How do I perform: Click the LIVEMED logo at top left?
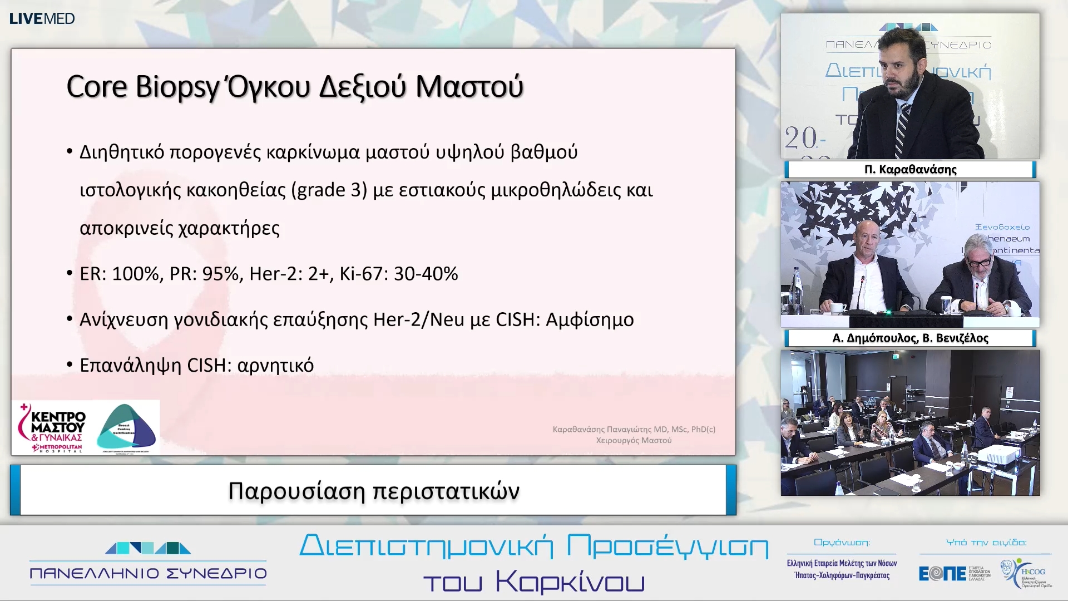point(42,18)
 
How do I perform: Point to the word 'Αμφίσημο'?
point(590,320)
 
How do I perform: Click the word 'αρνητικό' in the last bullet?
point(275,366)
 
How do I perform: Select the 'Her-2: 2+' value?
point(289,274)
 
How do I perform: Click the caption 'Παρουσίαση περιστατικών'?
point(373,491)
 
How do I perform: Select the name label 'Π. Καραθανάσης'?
point(910,169)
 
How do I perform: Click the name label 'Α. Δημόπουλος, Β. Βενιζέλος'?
point(910,338)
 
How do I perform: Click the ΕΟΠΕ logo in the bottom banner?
point(942,573)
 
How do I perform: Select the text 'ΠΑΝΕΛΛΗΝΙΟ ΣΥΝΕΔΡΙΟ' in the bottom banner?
point(148,573)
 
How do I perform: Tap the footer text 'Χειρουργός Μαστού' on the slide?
point(634,440)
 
